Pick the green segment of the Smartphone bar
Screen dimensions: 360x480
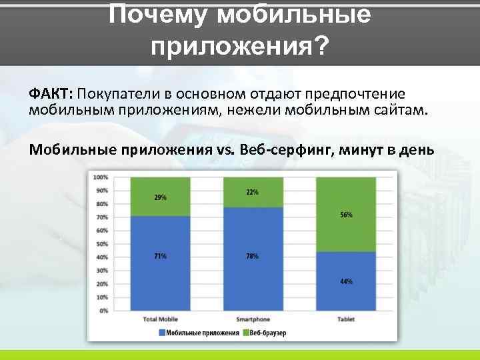click(x=253, y=200)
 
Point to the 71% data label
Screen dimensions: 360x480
click(x=160, y=256)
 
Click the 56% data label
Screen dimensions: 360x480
click(x=346, y=215)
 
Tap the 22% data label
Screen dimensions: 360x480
click(x=252, y=192)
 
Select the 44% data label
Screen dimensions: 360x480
click(x=346, y=281)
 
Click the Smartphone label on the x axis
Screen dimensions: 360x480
click(x=253, y=319)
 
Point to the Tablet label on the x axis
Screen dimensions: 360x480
click(x=345, y=319)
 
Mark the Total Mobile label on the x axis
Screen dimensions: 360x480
click(x=160, y=319)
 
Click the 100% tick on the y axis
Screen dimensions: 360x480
click(x=101, y=177)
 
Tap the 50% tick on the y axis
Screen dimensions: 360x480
click(x=102, y=244)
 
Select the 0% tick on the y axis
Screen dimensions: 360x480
click(x=103, y=311)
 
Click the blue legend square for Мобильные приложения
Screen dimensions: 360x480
click(x=161, y=332)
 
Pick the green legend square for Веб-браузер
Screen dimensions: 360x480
click(x=245, y=332)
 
